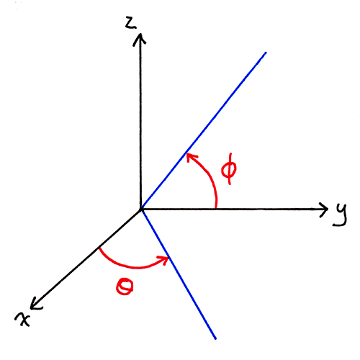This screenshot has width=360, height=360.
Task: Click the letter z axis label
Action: coord(131,23)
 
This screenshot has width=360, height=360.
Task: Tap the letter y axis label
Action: coord(340,215)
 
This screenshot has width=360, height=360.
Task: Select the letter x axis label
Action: coord(22,319)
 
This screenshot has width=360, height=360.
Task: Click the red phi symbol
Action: coord(229,168)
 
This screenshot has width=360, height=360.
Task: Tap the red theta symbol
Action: coord(125,286)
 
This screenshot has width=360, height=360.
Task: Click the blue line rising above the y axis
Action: coord(204,130)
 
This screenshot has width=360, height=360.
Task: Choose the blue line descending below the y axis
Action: coord(179,274)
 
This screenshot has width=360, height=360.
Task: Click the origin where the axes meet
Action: coord(141,210)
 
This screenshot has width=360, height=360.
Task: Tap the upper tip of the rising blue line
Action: coord(266,53)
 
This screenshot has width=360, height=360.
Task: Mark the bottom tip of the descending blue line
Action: coord(215,338)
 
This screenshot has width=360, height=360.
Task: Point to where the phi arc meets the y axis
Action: coord(216,209)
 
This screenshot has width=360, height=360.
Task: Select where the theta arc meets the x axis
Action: coord(99,248)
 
